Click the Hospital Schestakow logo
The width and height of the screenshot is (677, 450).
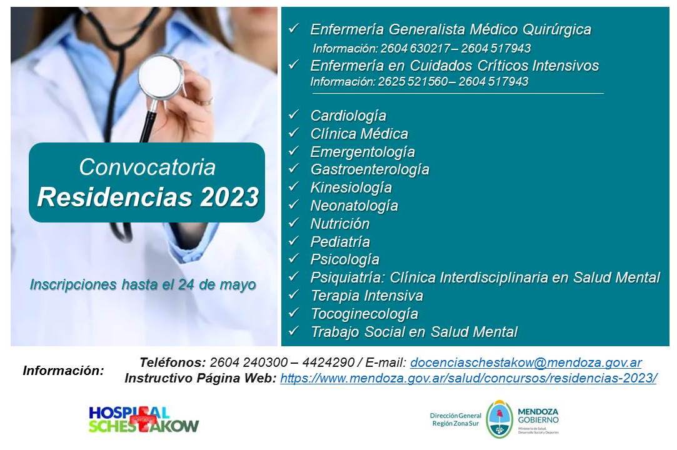pyautogui.click(x=144, y=419)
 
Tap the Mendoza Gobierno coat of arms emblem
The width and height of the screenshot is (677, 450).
pyautogui.click(x=499, y=419)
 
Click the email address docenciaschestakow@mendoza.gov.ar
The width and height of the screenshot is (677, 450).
pyautogui.click(x=526, y=362)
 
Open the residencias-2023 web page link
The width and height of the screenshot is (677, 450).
pyautogui.click(x=468, y=378)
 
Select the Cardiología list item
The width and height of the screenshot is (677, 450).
pyautogui.click(x=348, y=116)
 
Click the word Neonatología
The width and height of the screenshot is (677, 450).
pyautogui.click(x=354, y=206)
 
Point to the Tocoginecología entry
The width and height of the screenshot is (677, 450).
pyautogui.click(x=364, y=314)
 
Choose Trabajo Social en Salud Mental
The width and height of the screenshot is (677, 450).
pyautogui.click(x=414, y=332)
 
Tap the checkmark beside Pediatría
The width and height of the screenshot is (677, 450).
pyautogui.click(x=294, y=241)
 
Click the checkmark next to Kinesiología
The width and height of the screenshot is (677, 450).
pyautogui.click(x=294, y=186)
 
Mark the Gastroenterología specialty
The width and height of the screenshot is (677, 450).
pyautogui.click(x=369, y=169)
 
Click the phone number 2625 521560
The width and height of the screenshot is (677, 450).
pyautogui.click(x=413, y=82)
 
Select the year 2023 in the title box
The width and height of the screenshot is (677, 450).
pyautogui.click(x=229, y=197)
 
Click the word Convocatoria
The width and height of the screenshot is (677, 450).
pyautogui.click(x=148, y=167)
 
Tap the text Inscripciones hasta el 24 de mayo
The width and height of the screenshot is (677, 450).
pyautogui.click(x=143, y=285)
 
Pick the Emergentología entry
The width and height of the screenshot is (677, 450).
pyautogui.click(x=363, y=152)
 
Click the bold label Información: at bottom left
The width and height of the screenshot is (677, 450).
pyautogui.click(x=64, y=371)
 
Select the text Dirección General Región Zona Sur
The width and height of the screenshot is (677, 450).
pyautogui.click(x=456, y=419)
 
